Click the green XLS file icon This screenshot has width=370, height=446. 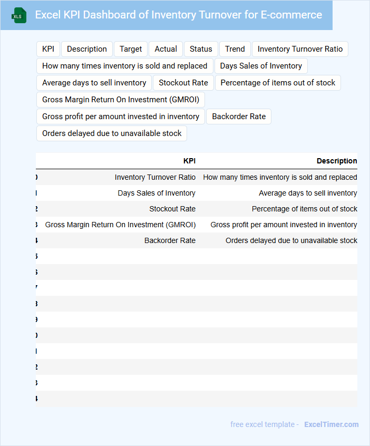19,15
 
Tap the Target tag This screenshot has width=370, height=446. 131,49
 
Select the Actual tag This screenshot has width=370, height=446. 166,49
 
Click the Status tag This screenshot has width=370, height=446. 201,49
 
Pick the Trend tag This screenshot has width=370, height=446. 235,49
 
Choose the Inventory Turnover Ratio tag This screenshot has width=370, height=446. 300,49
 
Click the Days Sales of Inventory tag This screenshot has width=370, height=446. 261,66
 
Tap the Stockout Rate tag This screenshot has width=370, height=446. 183,83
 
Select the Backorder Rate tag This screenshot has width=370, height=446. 239,117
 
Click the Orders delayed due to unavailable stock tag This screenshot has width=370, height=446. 112,133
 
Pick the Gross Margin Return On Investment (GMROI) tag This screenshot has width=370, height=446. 121,100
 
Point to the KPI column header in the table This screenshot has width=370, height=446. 189,161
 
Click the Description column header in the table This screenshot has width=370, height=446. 337,161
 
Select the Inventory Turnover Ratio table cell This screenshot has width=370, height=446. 155,177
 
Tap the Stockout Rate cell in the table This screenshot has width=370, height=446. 172,209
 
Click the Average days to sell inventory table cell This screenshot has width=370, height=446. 308,193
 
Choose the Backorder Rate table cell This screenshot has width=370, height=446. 170,240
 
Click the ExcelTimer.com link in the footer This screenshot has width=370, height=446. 332,424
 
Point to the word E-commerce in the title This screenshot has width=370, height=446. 291,15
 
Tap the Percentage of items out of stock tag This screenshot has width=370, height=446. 278,83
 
